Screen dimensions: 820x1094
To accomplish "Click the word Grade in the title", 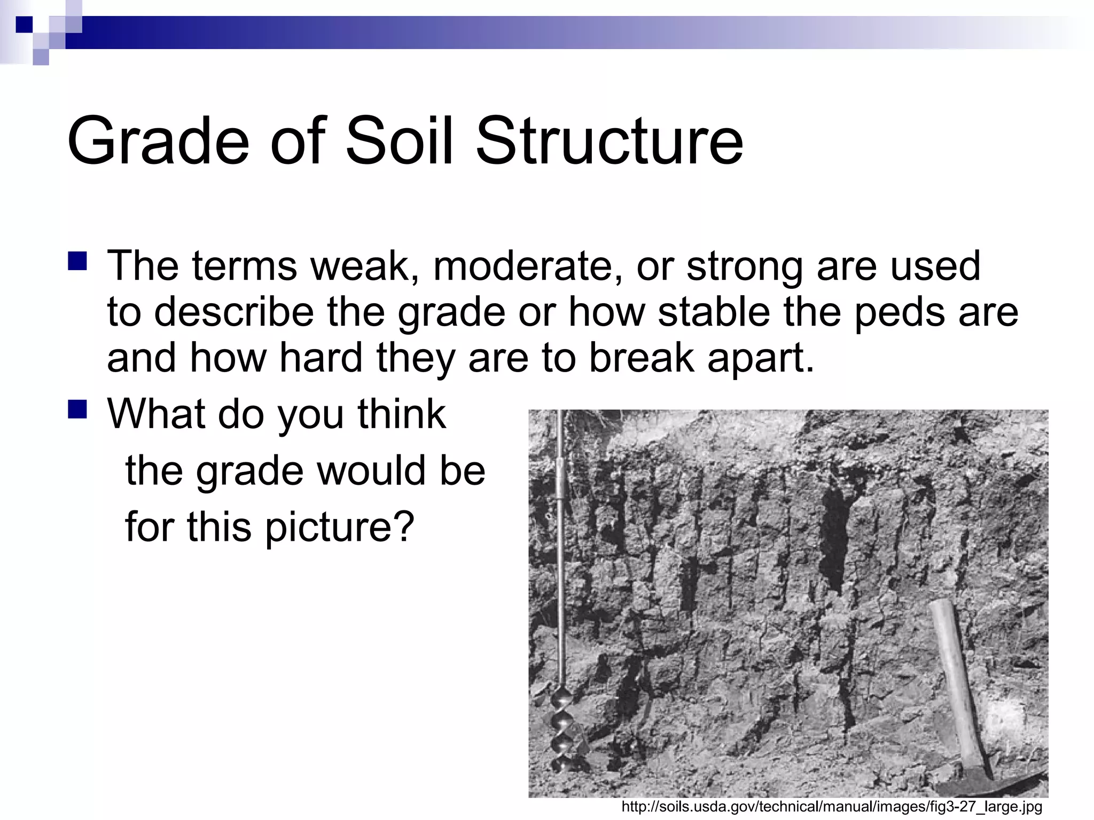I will click(x=158, y=141).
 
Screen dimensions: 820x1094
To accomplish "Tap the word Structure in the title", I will click(x=609, y=141).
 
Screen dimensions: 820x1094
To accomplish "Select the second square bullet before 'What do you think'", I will click(x=77, y=409).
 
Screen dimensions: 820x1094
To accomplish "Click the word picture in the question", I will click(x=339, y=527).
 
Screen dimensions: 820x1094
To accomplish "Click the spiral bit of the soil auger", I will click(x=566, y=737).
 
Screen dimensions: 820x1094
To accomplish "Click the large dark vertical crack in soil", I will click(x=834, y=539).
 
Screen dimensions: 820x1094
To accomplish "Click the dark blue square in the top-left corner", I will click(x=25, y=25).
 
